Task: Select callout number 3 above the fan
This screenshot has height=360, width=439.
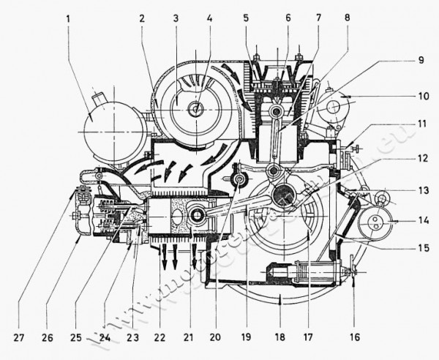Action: pos(175,17)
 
